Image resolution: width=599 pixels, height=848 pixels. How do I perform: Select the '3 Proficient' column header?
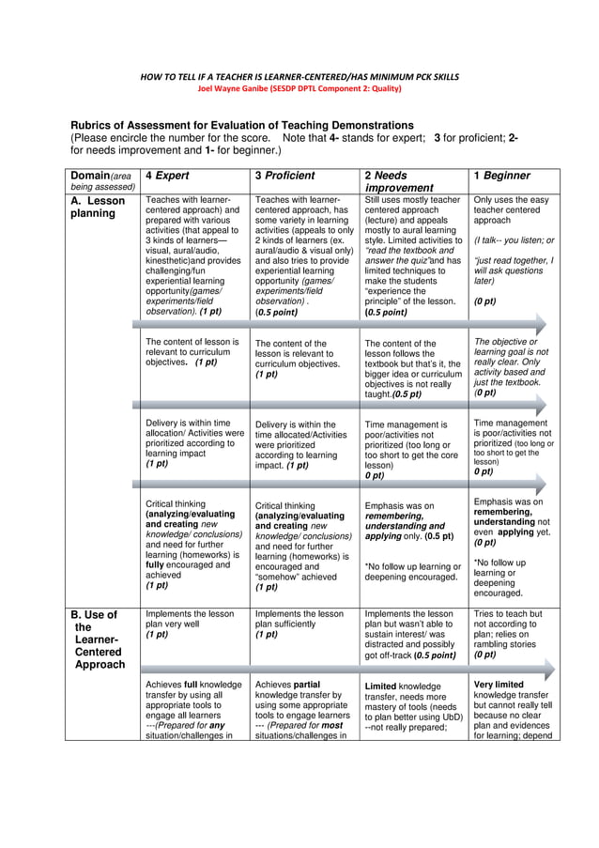coord(284,176)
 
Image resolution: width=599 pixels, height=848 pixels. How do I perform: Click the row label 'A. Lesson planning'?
coord(98,207)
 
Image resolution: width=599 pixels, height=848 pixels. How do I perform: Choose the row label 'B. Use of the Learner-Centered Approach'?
coord(98,639)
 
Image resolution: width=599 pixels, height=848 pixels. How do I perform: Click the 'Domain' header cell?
coord(101,180)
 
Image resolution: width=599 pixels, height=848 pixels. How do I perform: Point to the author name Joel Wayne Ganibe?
coord(299,88)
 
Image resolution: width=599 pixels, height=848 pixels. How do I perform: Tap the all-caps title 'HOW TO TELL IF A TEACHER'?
coord(299,75)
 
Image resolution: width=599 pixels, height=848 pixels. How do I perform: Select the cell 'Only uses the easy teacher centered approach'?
coord(512,210)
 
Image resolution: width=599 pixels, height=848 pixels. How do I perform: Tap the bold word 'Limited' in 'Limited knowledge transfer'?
coord(382,686)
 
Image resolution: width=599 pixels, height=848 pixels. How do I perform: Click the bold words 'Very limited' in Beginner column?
coord(499,685)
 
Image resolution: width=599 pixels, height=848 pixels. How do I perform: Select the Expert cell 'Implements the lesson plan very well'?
coord(192,624)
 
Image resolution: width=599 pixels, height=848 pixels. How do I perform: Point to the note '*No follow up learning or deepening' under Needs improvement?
coord(412,572)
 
